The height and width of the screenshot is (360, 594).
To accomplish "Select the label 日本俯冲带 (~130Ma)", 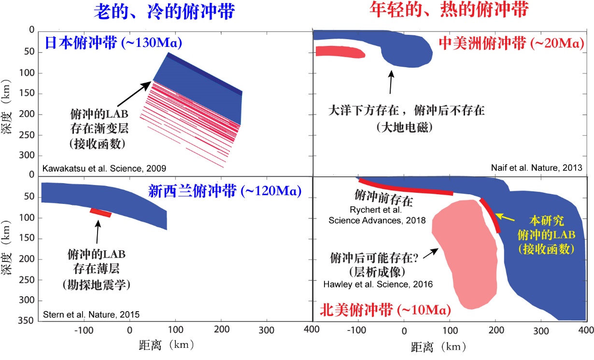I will click(x=113, y=43).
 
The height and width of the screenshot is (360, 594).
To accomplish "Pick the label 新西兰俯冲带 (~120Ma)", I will click(x=225, y=191).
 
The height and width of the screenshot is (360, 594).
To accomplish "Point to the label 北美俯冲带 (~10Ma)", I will click(x=385, y=310).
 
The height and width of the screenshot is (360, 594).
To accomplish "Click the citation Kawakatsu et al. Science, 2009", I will click(x=104, y=169).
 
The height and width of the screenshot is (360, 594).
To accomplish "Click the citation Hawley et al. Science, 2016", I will click(x=378, y=284).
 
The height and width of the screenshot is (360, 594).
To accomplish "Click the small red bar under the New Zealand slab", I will click(x=101, y=213).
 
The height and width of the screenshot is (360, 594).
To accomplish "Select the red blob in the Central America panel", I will click(x=340, y=52).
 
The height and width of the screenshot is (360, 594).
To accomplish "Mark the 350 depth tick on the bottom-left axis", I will click(x=29, y=320).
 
